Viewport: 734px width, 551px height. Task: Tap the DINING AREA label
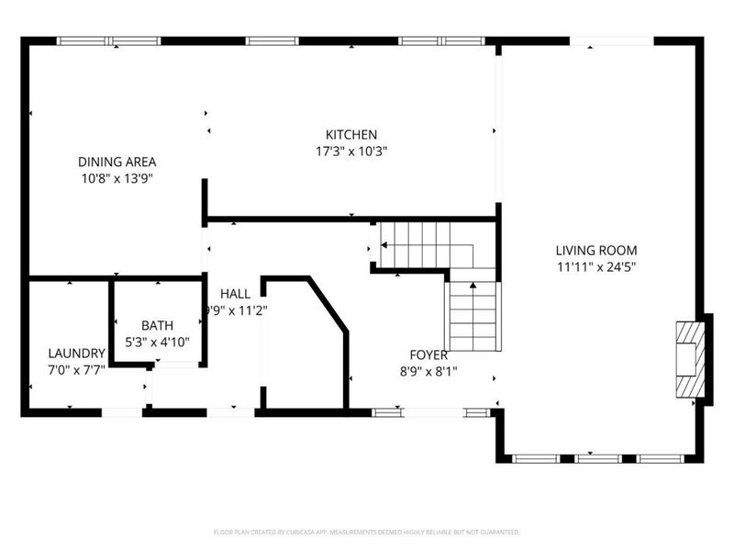coord(115,162)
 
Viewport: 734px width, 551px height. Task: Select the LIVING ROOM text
coord(595,250)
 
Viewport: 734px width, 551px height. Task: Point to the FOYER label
coord(428,354)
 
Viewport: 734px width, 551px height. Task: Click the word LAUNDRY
coord(76,353)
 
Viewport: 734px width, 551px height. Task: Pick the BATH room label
coord(156,325)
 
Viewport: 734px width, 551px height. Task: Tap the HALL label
coord(235,293)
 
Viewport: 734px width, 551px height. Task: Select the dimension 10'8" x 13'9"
coord(115,178)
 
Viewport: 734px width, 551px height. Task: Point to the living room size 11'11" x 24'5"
coord(595,266)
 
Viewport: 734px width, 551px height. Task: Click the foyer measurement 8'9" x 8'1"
coord(428,371)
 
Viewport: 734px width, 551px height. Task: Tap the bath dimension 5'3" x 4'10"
coord(156,342)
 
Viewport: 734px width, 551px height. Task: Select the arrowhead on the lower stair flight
coord(473,286)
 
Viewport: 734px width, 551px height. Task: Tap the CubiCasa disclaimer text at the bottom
coord(367,532)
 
